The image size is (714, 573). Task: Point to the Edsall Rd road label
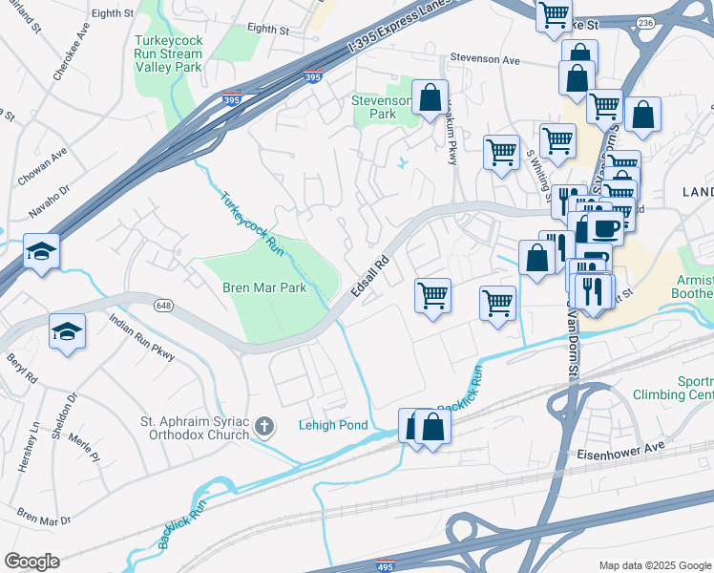coord(371,276)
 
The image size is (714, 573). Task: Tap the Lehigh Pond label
coord(333,425)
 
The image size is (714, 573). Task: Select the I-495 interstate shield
coord(386,565)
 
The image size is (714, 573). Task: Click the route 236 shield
coord(646,22)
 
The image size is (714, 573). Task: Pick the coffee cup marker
coord(605,228)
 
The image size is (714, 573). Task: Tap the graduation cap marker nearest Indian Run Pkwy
coord(67,331)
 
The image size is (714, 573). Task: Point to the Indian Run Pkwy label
coord(142,338)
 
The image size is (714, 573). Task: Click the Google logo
coord(31,562)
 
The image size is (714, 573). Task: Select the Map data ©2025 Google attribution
coord(654,565)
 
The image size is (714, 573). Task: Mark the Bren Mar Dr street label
coord(44,520)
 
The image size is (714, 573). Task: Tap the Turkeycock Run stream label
coord(252,223)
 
